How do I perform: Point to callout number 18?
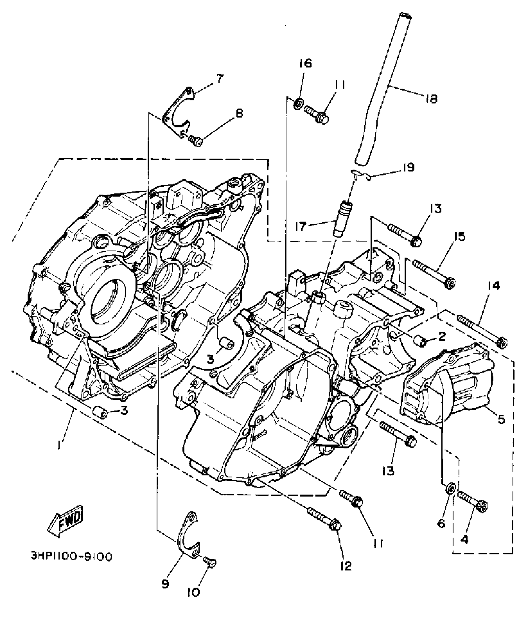point(431,99)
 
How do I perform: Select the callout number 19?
point(409,167)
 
